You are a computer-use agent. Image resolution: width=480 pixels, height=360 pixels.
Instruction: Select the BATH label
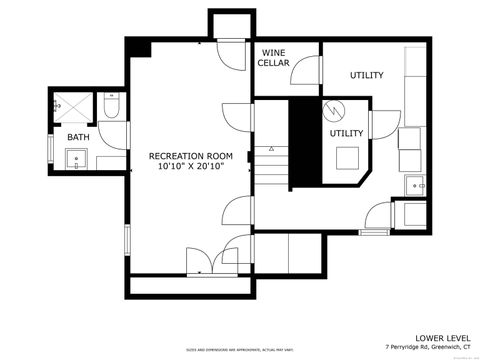77,137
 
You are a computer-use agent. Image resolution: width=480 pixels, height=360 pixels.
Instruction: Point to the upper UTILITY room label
366,76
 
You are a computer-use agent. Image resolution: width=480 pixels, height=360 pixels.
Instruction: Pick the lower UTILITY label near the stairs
346,132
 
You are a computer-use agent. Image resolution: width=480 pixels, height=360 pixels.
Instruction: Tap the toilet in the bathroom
110,107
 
